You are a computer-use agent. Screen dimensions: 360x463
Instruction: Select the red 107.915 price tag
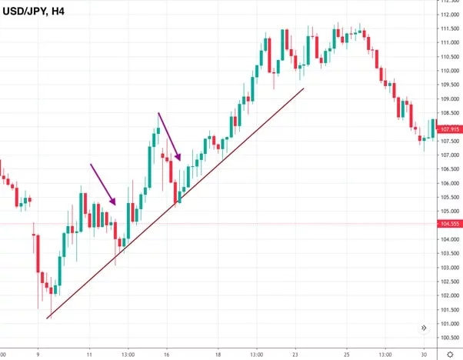click(x=448, y=129)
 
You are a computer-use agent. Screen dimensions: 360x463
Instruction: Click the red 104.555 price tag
click(x=448, y=224)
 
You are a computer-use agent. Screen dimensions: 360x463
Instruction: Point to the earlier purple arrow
click(x=103, y=184)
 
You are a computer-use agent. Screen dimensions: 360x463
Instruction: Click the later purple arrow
click(x=169, y=137)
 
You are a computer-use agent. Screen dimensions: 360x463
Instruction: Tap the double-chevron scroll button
click(x=423, y=328)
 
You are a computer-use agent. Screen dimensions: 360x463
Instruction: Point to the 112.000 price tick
click(x=448, y=15)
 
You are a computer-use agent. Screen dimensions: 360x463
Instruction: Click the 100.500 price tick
click(x=448, y=338)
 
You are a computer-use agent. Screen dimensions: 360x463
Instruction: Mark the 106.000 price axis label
click(x=448, y=184)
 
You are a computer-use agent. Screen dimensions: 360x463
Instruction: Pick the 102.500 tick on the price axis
click(x=448, y=282)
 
